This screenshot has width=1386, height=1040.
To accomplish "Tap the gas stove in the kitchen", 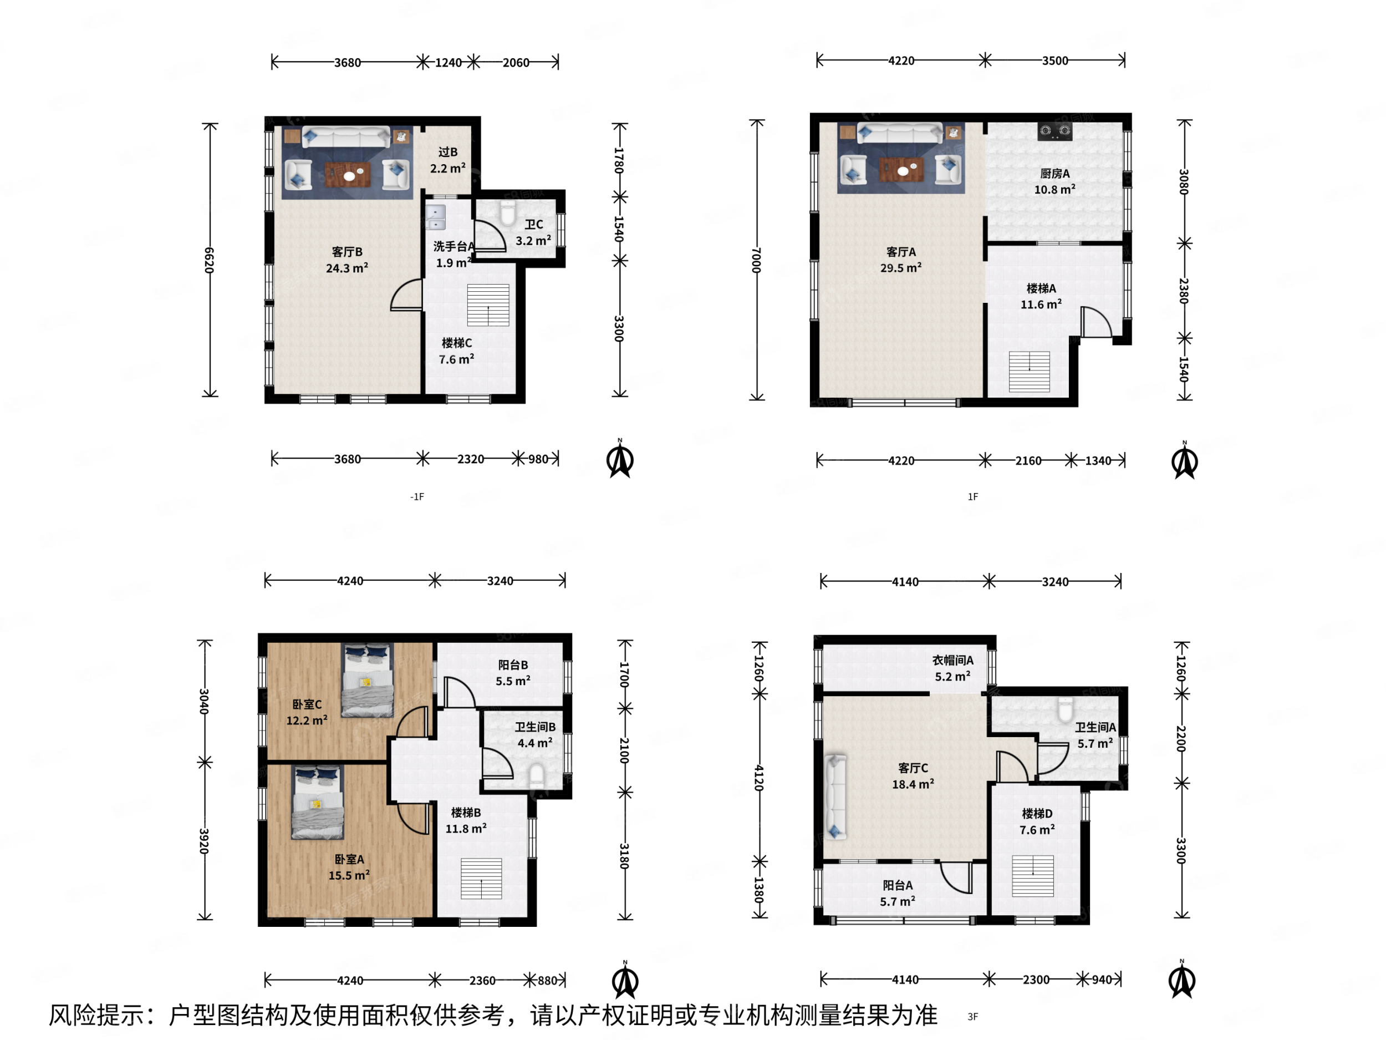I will [x=1054, y=131].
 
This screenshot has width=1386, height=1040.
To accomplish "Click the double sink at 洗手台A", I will [x=435, y=217].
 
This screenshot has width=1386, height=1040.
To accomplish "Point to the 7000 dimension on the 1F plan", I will [x=756, y=260].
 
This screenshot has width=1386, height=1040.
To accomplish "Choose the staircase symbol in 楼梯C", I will [x=487, y=305].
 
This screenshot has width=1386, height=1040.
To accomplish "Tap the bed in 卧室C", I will [x=367, y=680].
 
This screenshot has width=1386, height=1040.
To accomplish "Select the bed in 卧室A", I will [x=318, y=803].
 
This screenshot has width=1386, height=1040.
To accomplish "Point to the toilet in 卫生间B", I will [x=536, y=775].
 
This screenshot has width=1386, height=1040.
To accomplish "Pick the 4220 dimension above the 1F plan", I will [x=900, y=61].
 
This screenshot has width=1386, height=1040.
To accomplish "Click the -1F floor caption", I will [x=417, y=496].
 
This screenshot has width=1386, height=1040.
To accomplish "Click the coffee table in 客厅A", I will [x=901, y=169].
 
